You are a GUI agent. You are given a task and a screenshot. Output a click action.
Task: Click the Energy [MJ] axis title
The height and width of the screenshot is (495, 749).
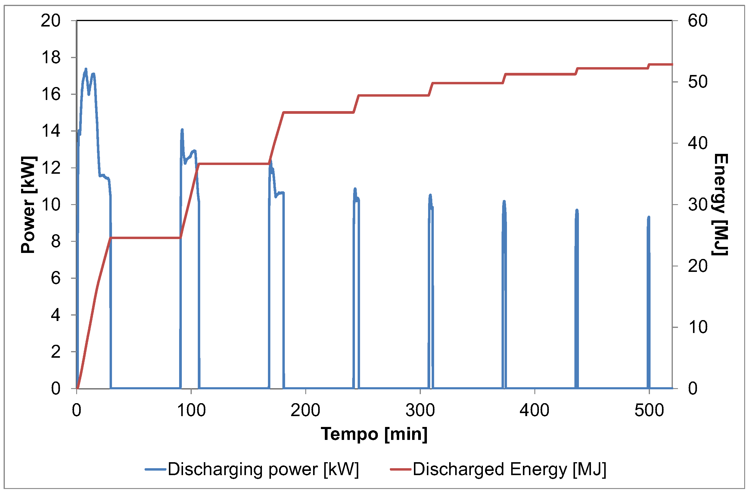click(x=720, y=204)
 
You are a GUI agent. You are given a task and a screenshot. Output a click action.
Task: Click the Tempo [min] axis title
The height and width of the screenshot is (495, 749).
click(x=374, y=434)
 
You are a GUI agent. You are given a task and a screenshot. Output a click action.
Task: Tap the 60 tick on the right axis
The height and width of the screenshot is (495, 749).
click(x=698, y=21)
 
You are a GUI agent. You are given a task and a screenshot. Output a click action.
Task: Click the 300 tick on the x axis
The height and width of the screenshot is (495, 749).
click(x=420, y=410)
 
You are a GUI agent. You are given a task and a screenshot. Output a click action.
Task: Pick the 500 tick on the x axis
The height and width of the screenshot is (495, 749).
click(x=649, y=410)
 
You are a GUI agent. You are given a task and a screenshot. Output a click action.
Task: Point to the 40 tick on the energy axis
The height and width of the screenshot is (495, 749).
click(x=698, y=143)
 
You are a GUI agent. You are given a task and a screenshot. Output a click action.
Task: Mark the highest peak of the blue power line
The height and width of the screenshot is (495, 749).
click(x=85, y=69)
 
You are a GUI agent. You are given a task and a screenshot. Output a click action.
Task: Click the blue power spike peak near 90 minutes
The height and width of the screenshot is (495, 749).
click(x=182, y=130)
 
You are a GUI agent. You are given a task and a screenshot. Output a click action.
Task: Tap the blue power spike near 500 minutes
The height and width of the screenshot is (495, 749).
click(x=649, y=217)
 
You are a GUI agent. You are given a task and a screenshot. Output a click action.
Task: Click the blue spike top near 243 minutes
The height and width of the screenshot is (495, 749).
click(x=355, y=189)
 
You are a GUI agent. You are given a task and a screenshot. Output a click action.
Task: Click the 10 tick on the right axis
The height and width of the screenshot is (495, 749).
click(x=698, y=327)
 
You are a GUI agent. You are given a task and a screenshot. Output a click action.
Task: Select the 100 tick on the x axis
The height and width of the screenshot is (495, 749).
click(x=191, y=410)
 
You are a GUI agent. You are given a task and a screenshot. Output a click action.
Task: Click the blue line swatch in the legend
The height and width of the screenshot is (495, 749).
click(x=155, y=469)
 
